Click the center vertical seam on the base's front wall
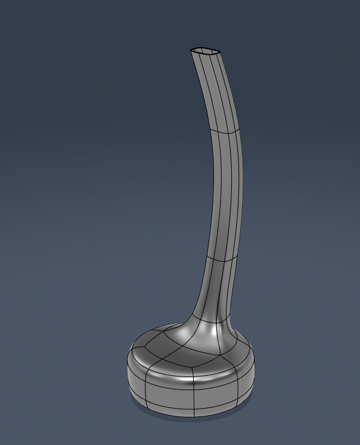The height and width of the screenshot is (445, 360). pyautogui.click(x=191, y=394)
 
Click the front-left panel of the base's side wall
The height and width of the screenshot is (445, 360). pyautogui.click(x=167, y=394)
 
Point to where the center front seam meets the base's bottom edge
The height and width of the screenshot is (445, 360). pyautogui.click(x=191, y=415)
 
